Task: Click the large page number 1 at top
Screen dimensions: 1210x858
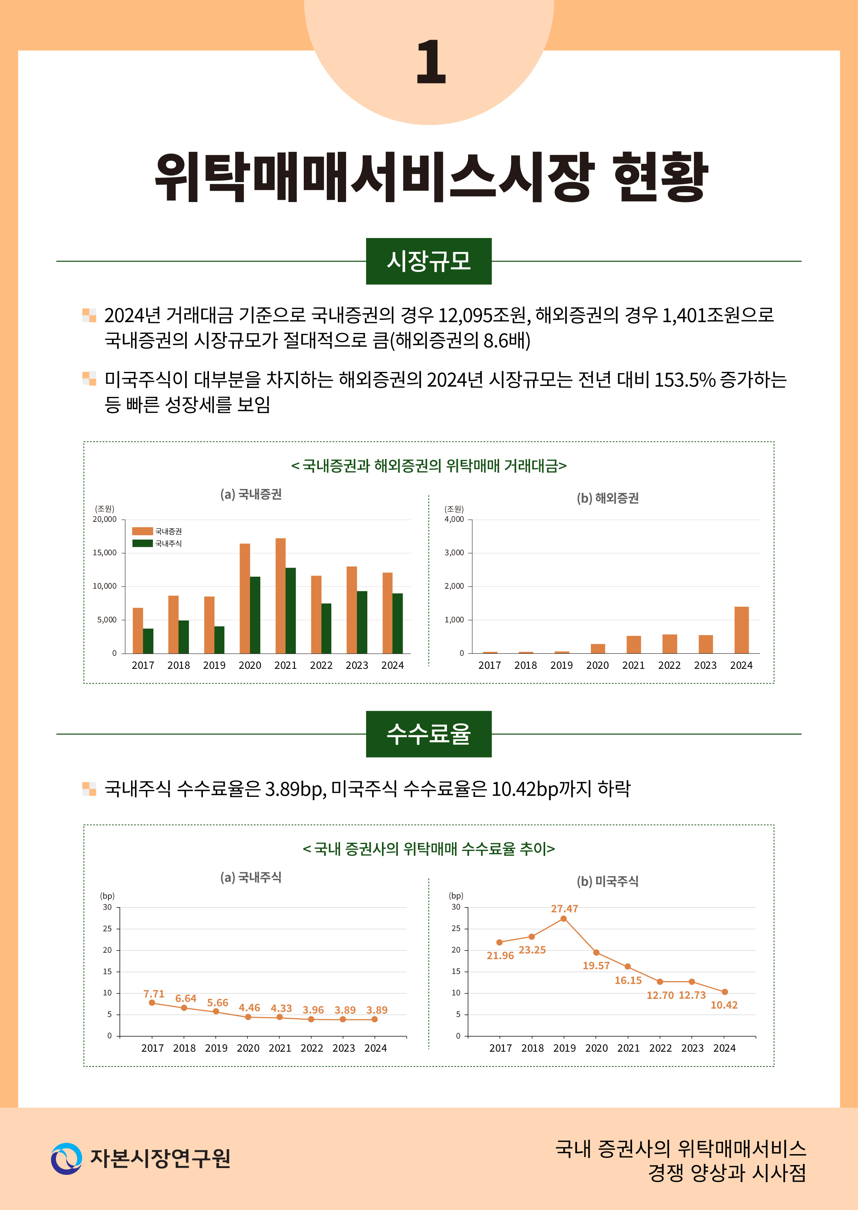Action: coord(431,62)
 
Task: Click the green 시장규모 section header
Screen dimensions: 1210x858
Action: coord(428,261)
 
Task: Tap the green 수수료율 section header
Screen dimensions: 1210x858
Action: coord(428,734)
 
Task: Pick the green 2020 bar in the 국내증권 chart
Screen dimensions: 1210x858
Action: coord(255,615)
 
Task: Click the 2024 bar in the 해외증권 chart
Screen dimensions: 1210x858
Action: coord(741,630)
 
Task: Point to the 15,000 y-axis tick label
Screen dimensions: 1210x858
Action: coord(105,553)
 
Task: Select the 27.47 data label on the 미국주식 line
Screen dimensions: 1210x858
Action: coord(564,908)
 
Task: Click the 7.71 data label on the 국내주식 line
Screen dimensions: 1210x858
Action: coord(154,994)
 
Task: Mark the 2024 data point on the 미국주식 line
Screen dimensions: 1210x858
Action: coord(724,992)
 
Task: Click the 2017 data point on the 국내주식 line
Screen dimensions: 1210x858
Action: coord(152,1002)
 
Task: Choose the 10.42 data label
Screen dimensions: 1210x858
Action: coord(724,1005)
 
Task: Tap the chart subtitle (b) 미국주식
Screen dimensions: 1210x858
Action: coord(608,881)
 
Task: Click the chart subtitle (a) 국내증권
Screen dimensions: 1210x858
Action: coord(251,494)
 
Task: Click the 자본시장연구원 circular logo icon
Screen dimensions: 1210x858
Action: coord(66,1158)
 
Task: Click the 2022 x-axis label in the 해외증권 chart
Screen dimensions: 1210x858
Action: coord(669,665)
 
